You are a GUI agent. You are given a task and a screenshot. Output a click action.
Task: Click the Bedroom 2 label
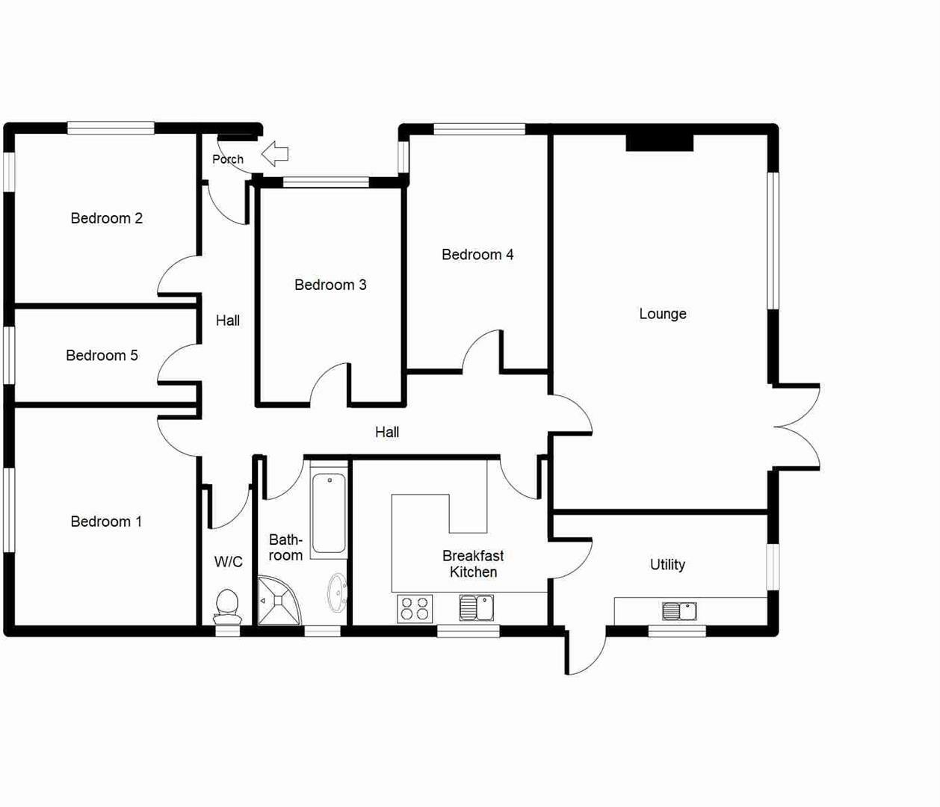[x=106, y=218]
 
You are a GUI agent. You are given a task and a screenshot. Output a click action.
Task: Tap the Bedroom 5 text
[x=102, y=355]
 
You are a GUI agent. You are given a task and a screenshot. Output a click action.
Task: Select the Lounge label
[x=662, y=314]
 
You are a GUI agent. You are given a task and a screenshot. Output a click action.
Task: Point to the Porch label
[x=227, y=159]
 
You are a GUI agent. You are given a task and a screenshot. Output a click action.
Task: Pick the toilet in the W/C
[x=226, y=606]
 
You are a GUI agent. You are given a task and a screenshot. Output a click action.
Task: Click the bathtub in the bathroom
[x=329, y=513]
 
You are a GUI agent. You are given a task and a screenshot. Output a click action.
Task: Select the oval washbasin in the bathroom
[x=337, y=593]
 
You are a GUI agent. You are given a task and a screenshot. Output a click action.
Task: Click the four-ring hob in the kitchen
[x=415, y=607]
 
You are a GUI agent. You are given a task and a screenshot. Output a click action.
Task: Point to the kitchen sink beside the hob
[x=476, y=607]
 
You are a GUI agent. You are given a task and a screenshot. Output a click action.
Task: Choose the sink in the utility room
[x=678, y=611]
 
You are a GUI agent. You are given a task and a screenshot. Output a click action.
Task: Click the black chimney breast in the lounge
[x=659, y=142]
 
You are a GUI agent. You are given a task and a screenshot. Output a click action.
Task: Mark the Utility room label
[x=667, y=564]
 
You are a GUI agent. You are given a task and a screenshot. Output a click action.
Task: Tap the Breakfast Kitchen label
[x=473, y=563]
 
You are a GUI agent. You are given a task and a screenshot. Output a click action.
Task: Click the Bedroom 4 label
[x=477, y=255]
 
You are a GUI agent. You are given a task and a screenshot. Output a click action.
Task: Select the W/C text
[x=228, y=562]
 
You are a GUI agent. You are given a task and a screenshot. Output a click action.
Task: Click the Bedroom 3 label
[x=330, y=285]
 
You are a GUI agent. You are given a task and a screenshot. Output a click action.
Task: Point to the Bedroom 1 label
[x=106, y=522]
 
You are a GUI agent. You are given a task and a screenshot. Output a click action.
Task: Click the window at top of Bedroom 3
[x=326, y=181]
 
